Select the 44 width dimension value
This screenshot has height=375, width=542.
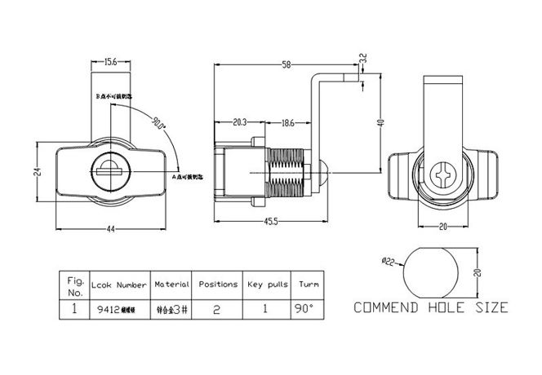click(110, 228)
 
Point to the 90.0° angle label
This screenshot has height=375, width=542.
click(158, 125)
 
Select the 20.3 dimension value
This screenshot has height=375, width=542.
click(240, 123)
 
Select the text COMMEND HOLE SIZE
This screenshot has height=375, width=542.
click(429, 307)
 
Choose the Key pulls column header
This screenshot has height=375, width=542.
click(267, 285)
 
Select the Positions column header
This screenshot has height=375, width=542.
click(218, 285)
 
